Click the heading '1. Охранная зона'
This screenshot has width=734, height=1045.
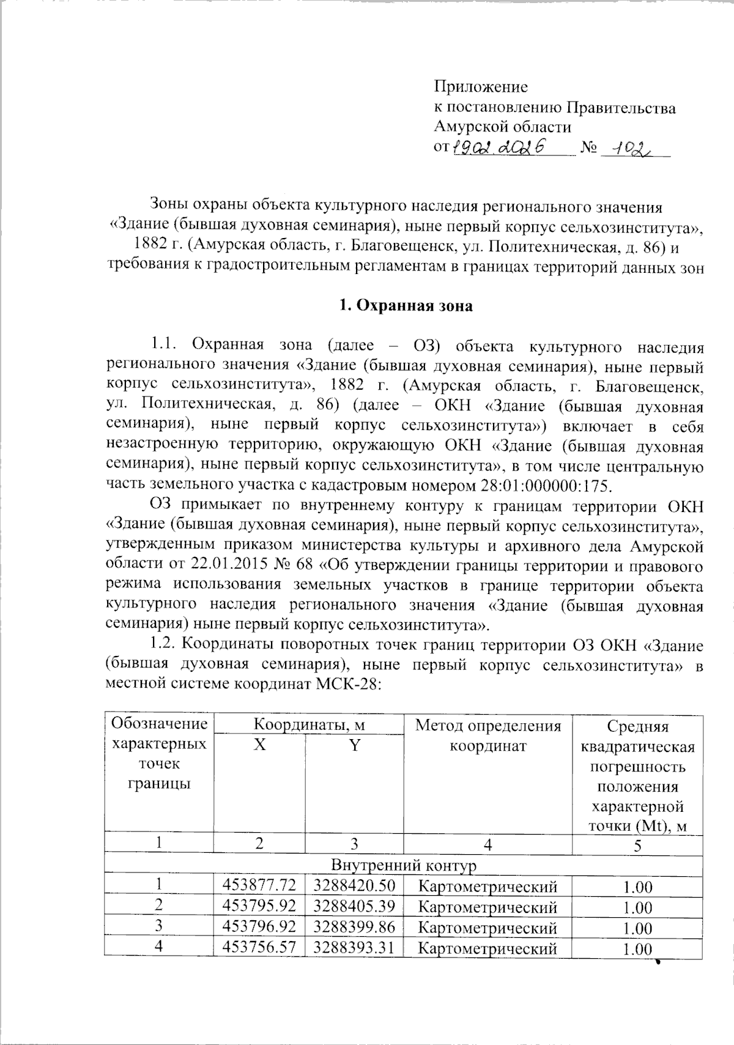(x=406, y=306)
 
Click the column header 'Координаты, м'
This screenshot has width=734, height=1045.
(x=309, y=726)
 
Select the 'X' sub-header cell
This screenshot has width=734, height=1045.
(x=260, y=746)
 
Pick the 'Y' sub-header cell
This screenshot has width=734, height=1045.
(x=354, y=746)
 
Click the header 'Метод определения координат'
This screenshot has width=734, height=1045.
(x=487, y=735)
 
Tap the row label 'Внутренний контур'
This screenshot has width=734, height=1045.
(x=403, y=865)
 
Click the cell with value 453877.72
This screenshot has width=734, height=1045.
(x=260, y=885)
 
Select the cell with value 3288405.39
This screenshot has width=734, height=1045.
(x=354, y=906)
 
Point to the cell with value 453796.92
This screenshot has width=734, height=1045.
(x=260, y=927)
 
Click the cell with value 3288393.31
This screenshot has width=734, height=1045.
(x=354, y=948)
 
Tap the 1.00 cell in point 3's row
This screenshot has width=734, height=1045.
(x=637, y=928)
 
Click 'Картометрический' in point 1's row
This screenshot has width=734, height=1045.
(x=487, y=886)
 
